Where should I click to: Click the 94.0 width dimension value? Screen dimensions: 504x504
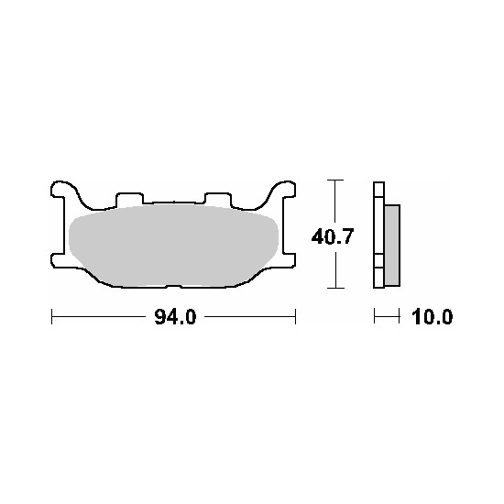coord(175,317)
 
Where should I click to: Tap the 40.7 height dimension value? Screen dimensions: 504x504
coord(333,236)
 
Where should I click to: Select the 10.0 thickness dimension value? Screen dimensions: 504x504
coord(432,317)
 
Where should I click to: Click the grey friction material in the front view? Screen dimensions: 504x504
coord(173,246)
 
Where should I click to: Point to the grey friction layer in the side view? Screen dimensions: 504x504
coord(392,246)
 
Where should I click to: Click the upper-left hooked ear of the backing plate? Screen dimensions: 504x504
coord(63,190)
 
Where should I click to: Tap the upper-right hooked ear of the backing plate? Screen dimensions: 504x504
coord(283,190)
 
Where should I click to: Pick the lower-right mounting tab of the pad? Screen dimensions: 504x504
coord(289,260)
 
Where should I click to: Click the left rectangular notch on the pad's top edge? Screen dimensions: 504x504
coord(129,199)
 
